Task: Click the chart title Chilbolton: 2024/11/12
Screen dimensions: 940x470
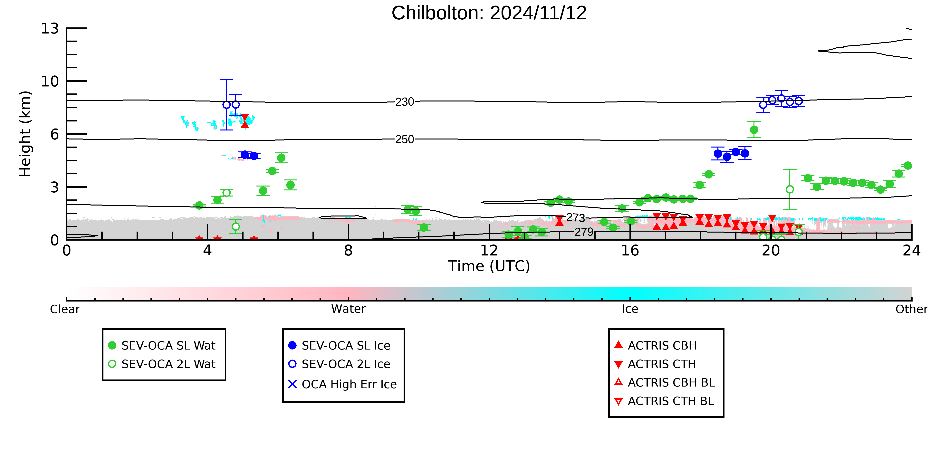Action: [489, 13]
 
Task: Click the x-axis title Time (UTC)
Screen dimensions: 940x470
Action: [489, 266]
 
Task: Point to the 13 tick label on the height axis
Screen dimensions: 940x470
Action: [50, 28]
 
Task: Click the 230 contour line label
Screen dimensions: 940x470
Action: [405, 102]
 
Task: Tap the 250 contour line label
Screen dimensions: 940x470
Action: [405, 139]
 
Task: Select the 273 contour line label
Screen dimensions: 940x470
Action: [576, 218]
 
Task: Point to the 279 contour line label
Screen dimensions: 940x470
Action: [584, 232]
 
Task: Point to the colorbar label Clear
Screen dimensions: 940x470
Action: [65, 309]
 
